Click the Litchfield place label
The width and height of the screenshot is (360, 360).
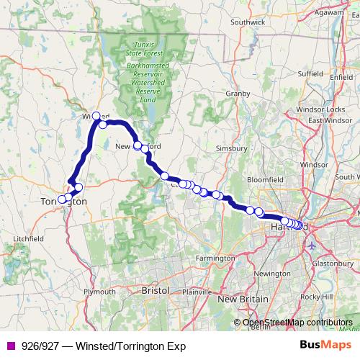point(29,238)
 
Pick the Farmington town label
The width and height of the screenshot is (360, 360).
point(215,258)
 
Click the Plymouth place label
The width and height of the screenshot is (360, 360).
point(99,292)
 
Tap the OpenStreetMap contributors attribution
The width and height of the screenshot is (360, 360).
point(297,322)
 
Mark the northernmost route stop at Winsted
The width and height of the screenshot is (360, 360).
point(96,115)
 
